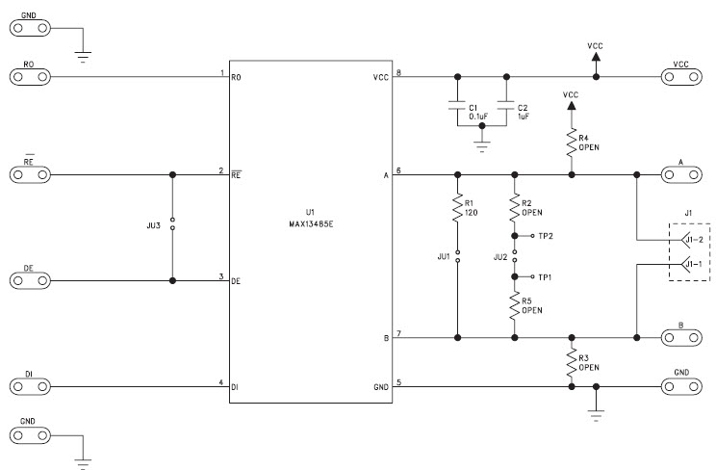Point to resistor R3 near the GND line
coord(572,363)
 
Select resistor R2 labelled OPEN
coord(515,207)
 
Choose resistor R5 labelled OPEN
coord(515,305)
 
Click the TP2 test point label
coord(546,235)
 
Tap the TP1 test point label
coord(546,275)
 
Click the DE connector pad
coord(29,280)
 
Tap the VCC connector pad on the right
coord(681,76)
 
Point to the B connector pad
coord(681,338)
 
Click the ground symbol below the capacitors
coord(481,146)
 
